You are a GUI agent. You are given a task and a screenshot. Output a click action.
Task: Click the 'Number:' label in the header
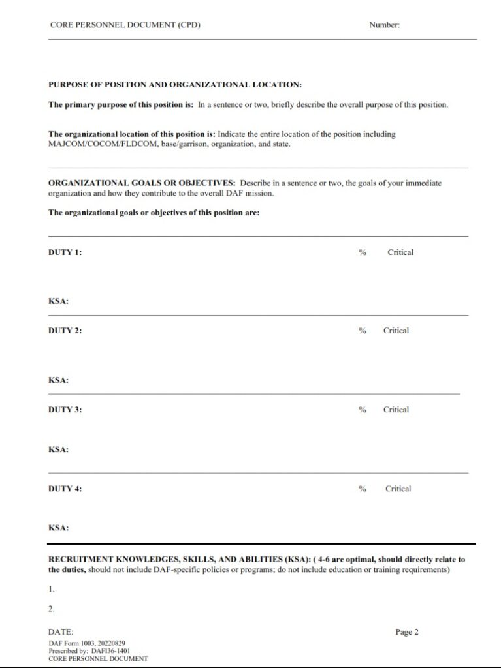384,25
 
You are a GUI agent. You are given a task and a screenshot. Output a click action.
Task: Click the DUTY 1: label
65,252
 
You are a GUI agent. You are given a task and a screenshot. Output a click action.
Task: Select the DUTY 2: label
65,331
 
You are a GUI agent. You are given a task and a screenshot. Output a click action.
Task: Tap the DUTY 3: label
65,410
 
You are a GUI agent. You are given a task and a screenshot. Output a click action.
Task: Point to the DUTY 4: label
65,489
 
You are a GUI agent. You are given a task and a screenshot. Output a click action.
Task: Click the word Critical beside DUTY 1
400,252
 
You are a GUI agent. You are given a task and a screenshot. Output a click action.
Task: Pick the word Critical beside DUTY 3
396,410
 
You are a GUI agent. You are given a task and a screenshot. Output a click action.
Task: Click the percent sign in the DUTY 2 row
362,331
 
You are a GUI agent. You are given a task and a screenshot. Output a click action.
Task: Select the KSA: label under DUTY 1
59,302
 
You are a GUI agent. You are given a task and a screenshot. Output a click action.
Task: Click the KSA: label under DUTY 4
59,528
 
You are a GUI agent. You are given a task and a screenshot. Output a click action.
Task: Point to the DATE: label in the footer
61,632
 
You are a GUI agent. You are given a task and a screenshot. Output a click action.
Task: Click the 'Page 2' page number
406,631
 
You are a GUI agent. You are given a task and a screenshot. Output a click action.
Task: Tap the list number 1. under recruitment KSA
52,589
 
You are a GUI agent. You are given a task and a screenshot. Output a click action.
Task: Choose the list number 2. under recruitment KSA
52,609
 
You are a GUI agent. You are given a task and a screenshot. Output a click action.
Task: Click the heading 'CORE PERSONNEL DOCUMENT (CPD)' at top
125,25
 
